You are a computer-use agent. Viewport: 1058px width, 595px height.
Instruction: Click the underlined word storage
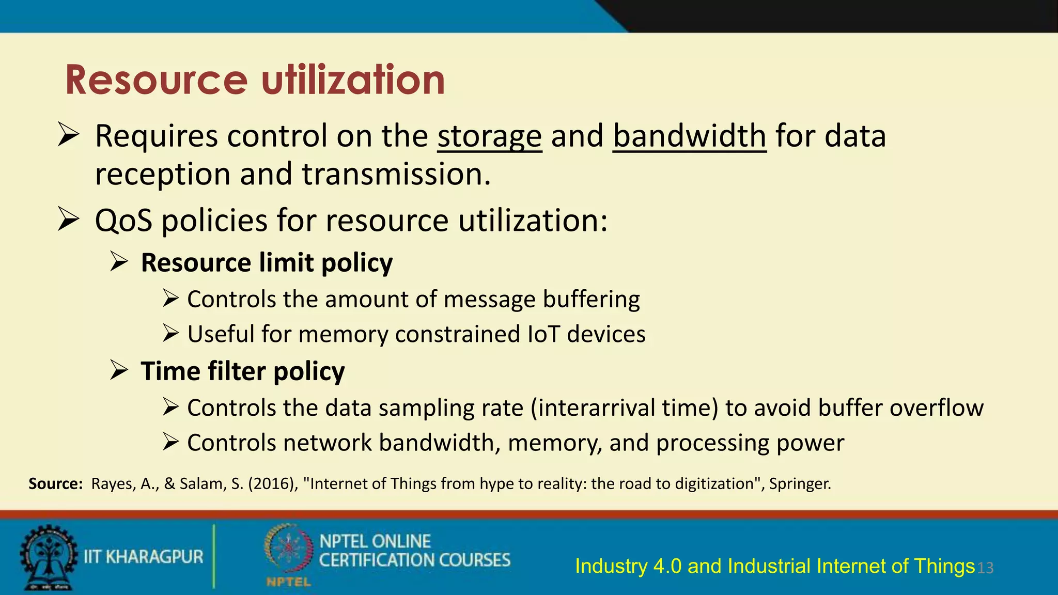pyautogui.click(x=489, y=136)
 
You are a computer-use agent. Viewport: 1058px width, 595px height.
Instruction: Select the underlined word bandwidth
pyautogui.click(x=689, y=136)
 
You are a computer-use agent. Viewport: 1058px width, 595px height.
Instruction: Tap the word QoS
pyautogui.click(x=123, y=221)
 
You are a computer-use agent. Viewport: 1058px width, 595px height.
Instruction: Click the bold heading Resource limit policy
pyautogui.click(x=267, y=263)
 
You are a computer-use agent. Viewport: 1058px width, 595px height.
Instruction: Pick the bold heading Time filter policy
pyautogui.click(x=242, y=371)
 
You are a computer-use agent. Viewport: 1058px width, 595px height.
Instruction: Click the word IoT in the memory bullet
pyautogui.click(x=543, y=334)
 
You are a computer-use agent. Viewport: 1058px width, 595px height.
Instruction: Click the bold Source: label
pyautogui.click(x=55, y=484)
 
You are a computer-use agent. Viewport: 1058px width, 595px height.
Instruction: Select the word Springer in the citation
pyautogui.click(x=799, y=484)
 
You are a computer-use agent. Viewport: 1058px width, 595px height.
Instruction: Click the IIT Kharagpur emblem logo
pyautogui.click(x=48, y=557)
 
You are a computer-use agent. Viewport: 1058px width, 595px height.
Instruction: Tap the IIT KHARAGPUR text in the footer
pyautogui.click(x=144, y=557)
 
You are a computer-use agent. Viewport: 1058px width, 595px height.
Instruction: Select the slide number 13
pyautogui.click(x=985, y=568)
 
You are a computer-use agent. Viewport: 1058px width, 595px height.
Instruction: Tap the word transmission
pyautogui.click(x=396, y=175)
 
